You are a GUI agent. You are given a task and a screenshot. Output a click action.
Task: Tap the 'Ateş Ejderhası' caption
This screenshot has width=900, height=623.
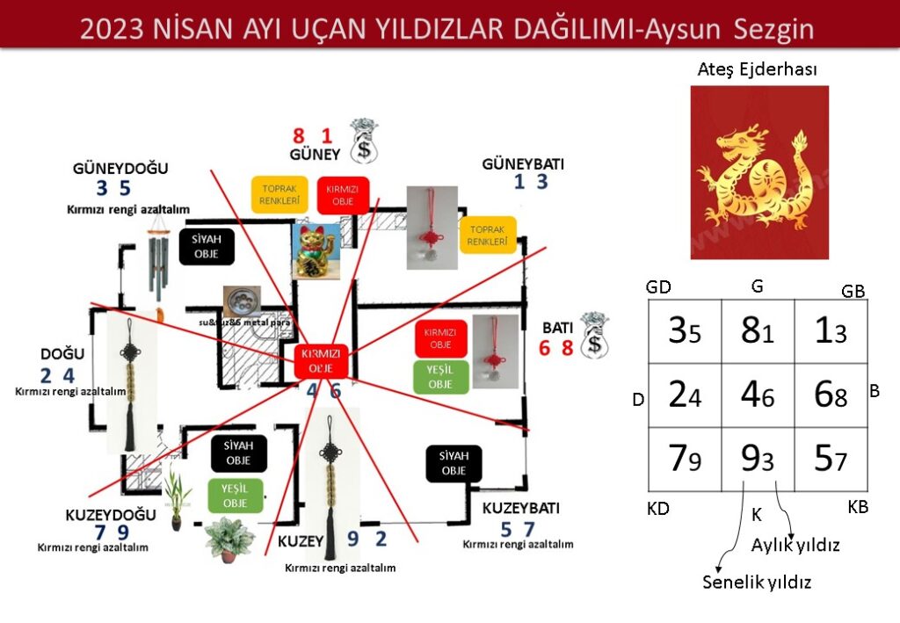click(x=758, y=69)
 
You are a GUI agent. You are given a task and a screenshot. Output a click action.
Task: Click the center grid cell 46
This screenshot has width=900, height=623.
click(x=757, y=395)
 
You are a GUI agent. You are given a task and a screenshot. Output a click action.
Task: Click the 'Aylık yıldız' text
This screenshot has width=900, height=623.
click(x=795, y=546)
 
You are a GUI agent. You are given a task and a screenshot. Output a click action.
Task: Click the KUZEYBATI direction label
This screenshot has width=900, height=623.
click(x=520, y=509)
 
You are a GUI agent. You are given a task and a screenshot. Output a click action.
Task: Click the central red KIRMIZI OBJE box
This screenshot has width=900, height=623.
click(x=321, y=359)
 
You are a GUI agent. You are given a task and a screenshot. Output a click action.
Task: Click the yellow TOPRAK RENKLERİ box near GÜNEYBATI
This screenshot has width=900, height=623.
click(x=487, y=235)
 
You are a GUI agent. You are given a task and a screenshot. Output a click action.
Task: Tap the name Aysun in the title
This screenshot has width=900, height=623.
click(x=685, y=30)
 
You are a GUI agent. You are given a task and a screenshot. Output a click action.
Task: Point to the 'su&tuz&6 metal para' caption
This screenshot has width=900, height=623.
click(x=241, y=322)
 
